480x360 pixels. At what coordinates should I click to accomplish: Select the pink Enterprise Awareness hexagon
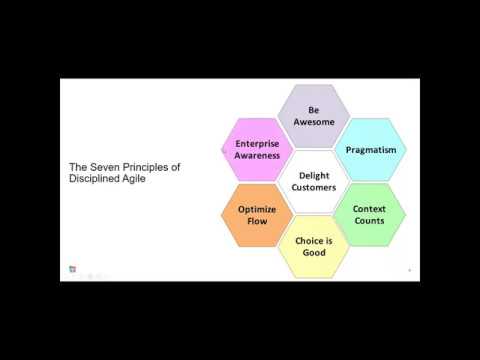257,150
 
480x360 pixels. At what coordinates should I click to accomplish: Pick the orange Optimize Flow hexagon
257,214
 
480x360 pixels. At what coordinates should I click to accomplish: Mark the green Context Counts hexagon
369,214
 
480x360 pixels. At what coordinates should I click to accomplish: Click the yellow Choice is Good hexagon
313,246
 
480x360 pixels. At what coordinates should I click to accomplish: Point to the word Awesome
313,121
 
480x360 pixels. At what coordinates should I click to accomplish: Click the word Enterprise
257,143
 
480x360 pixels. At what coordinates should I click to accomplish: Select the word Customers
313,188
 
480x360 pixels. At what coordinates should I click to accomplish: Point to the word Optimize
257,207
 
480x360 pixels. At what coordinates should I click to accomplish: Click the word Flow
257,222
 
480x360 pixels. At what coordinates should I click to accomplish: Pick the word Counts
369,221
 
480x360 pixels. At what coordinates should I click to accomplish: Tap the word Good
313,253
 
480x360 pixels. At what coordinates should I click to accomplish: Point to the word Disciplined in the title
97,181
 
